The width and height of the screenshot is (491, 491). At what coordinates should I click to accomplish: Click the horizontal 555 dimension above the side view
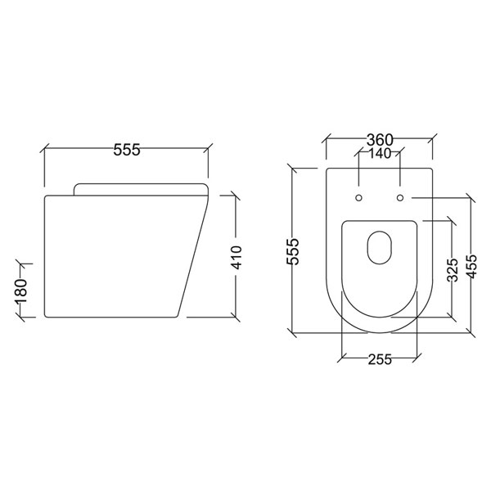tap(127, 149)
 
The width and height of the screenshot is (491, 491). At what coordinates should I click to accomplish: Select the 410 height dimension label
tap(236, 255)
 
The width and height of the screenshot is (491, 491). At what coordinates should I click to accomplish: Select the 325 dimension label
tap(451, 269)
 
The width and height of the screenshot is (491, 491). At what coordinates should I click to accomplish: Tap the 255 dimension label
tap(378, 359)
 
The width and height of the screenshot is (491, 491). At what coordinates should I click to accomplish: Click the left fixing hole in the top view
tap(359, 197)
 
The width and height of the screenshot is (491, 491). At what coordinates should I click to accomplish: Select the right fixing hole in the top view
tap(399, 197)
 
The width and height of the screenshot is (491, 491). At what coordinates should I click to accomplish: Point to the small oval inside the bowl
tap(379, 247)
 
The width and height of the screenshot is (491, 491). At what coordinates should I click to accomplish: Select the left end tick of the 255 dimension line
tap(340, 358)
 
